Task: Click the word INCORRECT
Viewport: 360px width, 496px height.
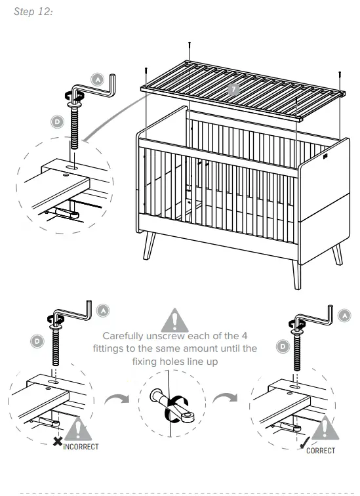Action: point(81,446)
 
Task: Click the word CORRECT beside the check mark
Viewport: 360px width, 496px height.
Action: point(320,450)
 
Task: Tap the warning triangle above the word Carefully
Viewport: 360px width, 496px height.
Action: point(175,318)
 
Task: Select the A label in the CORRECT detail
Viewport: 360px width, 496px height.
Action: point(346,316)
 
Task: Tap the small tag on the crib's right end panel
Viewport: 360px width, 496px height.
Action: point(327,157)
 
